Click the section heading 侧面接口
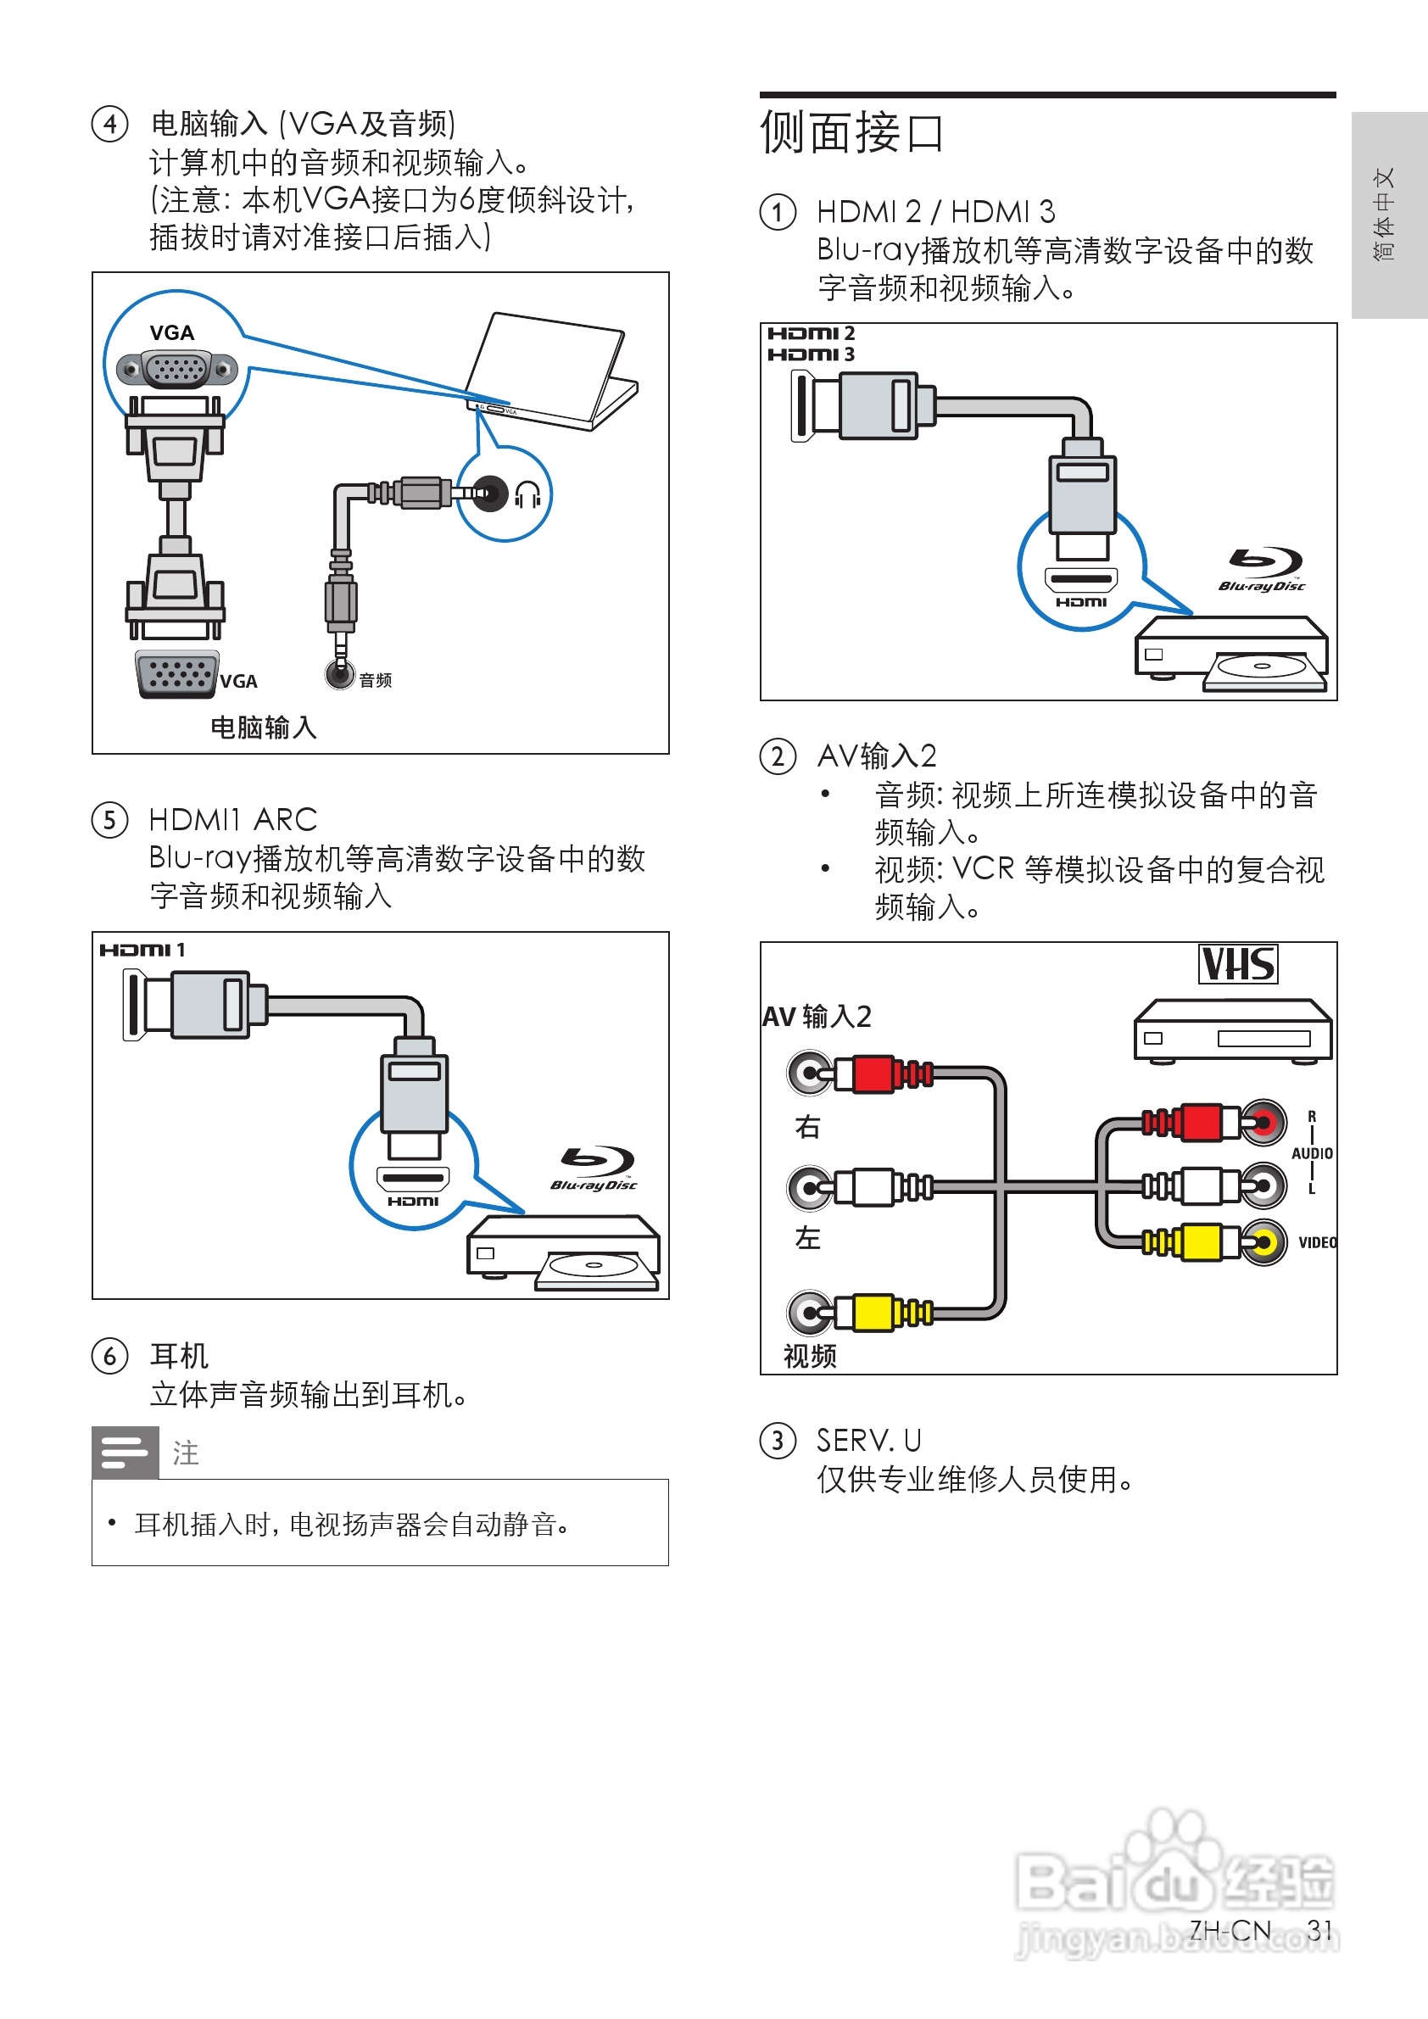(851, 134)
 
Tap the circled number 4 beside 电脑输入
(110, 124)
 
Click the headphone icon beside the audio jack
(527, 495)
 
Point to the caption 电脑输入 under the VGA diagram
(264, 728)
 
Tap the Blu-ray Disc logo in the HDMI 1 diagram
(594, 1168)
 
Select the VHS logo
(1238, 964)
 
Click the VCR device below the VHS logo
(1232, 1030)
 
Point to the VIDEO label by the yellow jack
(1317, 1242)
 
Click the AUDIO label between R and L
(1312, 1153)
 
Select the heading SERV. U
(869, 1441)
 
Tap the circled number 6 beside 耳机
(110, 1355)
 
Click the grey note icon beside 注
(125, 1453)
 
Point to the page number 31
(1319, 1929)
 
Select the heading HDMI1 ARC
(233, 820)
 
